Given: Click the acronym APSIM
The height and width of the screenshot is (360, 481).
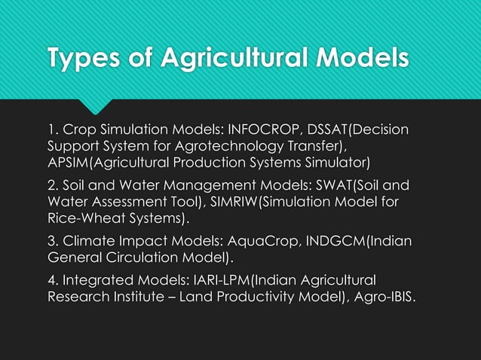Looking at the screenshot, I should [68, 162].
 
